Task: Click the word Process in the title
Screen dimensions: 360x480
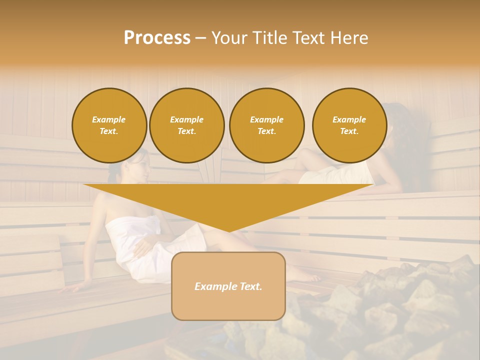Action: [157, 38]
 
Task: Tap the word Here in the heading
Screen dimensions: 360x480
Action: [348, 38]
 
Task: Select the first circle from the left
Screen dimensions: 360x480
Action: [109, 125]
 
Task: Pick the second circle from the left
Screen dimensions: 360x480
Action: [186, 125]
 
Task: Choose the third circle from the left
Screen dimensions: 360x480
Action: [266, 125]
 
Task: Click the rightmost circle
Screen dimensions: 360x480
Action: [349, 125]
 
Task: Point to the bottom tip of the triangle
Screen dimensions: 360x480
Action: [228, 231]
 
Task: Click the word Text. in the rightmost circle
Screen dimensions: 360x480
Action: [349, 131]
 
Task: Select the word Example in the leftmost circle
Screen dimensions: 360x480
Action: [109, 119]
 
